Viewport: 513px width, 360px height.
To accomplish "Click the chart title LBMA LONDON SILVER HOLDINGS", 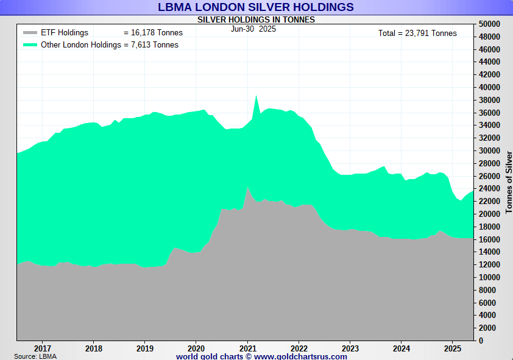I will click(256, 7).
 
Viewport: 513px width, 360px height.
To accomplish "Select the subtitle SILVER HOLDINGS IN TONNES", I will click(256, 19).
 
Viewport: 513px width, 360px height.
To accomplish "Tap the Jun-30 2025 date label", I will click(253, 29).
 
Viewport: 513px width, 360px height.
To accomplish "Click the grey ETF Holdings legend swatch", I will click(30, 33).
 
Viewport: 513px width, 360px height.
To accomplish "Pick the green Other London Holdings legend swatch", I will click(30, 45).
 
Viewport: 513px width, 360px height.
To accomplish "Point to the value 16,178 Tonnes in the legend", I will click(157, 33).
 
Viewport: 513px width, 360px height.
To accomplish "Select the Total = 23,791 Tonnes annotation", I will click(417, 34).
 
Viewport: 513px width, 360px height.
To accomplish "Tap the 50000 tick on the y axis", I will click(489, 24).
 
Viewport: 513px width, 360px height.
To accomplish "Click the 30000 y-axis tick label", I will click(489, 150).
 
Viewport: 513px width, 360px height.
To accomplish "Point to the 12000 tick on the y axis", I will click(489, 264).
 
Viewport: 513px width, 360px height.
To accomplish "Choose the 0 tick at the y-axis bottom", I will click(481, 341).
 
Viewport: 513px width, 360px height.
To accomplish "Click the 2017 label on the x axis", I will click(42, 348).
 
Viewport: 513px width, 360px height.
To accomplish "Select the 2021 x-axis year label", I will click(247, 348).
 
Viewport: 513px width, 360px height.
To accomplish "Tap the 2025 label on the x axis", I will click(452, 348).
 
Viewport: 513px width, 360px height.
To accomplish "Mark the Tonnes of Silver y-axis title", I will click(509, 182).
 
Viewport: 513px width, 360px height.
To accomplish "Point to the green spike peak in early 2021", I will click(256, 96).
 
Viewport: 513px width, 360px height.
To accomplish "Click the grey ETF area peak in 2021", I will click(247, 187).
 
